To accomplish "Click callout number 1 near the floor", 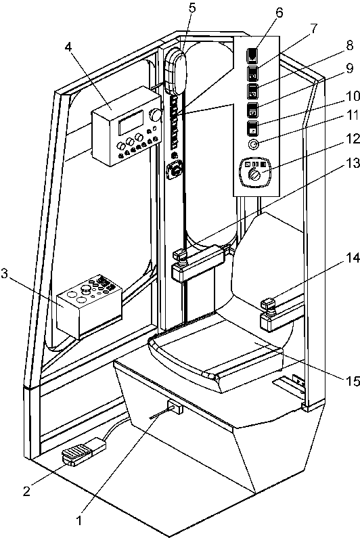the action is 79,520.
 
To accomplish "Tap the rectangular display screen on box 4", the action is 131,123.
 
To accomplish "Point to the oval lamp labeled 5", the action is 176,72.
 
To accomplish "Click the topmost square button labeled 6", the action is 252,55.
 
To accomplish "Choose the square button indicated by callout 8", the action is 253,91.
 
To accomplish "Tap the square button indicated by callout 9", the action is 253,110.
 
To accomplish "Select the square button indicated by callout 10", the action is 253,128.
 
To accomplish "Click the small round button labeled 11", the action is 254,145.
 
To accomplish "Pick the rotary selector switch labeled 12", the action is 254,172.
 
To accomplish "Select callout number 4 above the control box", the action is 68,47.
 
